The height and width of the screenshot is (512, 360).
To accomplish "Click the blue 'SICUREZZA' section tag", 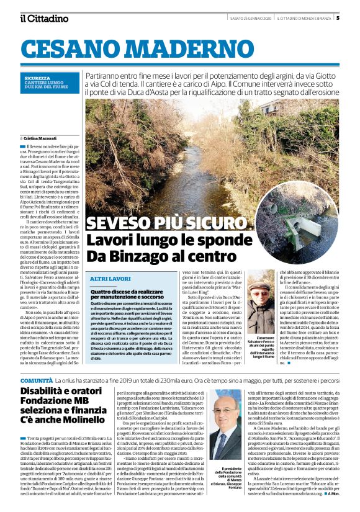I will [37, 78].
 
